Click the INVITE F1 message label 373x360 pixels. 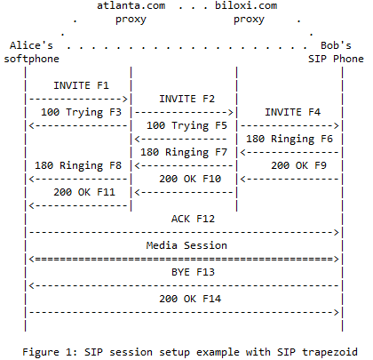[x=81, y=85]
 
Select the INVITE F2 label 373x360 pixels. [x=186, y=99]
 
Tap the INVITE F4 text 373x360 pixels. [x=292, y=112]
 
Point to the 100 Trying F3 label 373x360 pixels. [x=81, y=113]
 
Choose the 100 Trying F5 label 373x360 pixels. [x=186, y=126]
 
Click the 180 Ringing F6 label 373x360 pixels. [x=290, y=140]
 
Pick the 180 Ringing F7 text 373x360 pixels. [x=184, y=153]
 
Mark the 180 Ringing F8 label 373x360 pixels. [x=78, y=166]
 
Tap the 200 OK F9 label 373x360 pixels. [x=298, y=165]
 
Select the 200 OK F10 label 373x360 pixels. [x=190, y=179]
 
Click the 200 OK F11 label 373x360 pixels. [x=84, y=192]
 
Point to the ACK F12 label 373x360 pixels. [x=193, y=219]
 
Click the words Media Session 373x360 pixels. [x=186, y=245]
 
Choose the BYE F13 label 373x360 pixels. [x=193, y=272]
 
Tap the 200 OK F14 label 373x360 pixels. [x=190, y=299]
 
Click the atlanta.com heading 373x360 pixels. [x=131, y=5]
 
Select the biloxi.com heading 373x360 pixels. [x=246, y=5]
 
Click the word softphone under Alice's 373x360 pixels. [x=32, y=59]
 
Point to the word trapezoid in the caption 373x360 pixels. [x=329, y=353]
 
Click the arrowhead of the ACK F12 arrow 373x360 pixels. [x=337, y=232]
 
